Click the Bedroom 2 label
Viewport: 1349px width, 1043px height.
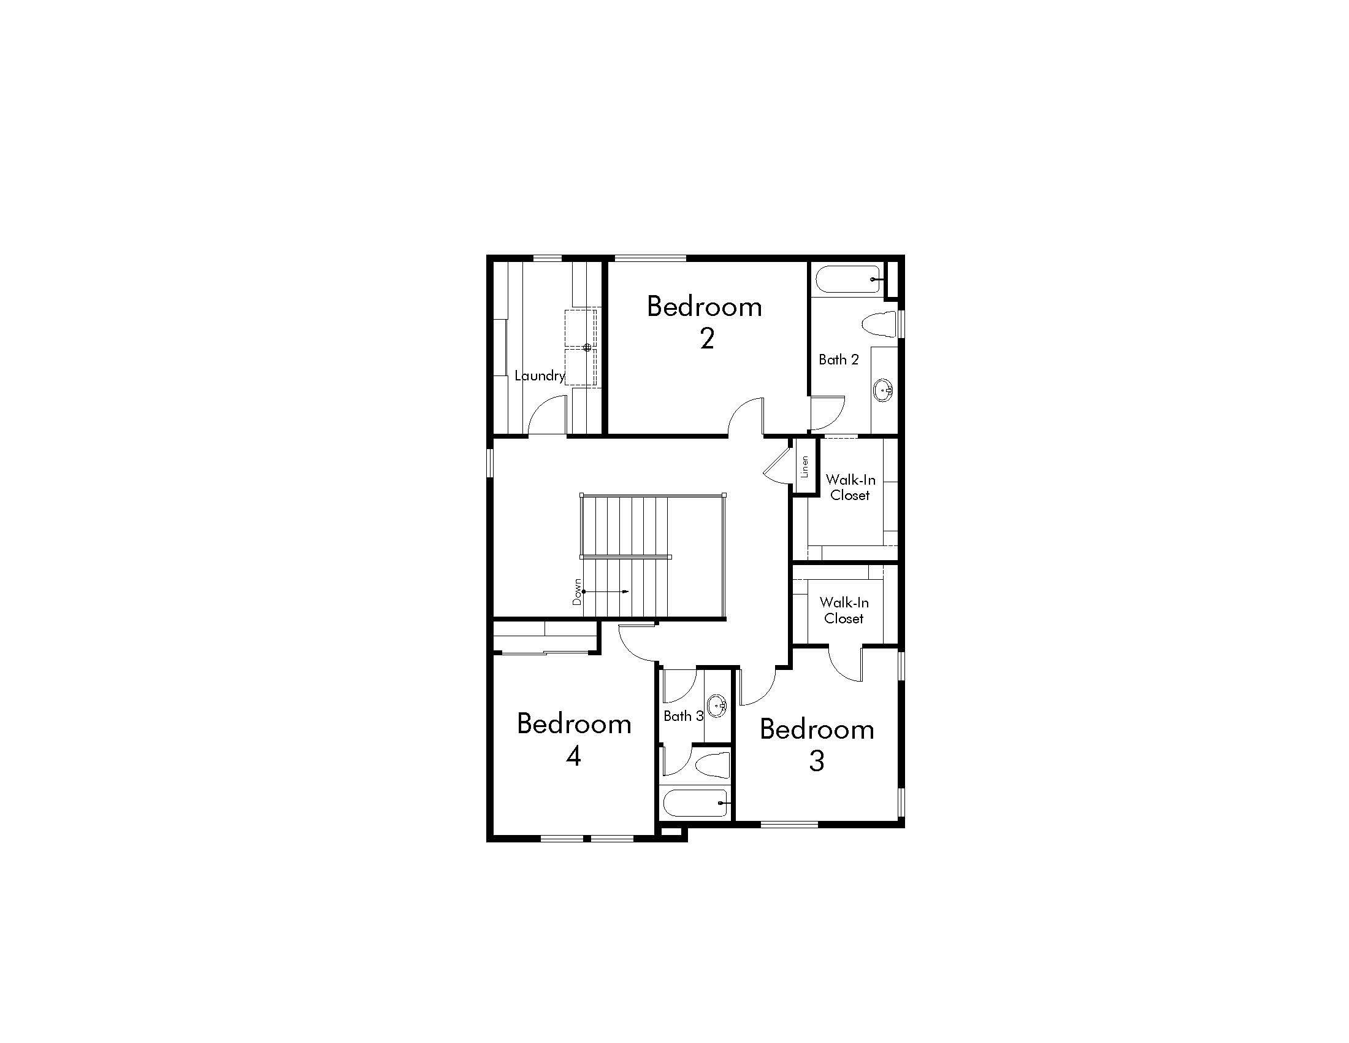pyautogui.click(x=705, y=322)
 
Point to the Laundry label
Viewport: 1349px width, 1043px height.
pyautogui.click(x=539, y=375)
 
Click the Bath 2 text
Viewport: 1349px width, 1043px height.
pyautogui.click(x=838, y=360)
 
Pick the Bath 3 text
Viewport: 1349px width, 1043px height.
pyautogui.click(x=683, y=716)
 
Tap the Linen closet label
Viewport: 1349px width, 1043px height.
pyautogui.click(x=804, y=466)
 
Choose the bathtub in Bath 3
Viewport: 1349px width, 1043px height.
pyautogui.click(x=695, y=803)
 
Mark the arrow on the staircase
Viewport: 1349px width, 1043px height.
pyautogui.click(x=606, y=591)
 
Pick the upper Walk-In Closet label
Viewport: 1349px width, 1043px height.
pyautogui.click(x=850, y=488)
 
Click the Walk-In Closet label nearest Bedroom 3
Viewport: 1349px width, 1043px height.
pyautogui.click(x=844, y=610)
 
